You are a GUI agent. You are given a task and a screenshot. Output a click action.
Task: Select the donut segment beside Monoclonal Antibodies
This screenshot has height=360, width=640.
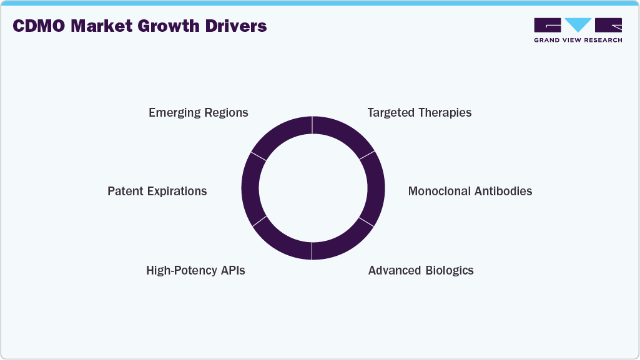tap(375, 188)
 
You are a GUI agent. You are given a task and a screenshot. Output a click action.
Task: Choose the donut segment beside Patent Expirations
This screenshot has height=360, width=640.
tap(250, 188)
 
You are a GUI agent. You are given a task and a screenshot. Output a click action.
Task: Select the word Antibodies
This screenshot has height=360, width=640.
tap(503, 192)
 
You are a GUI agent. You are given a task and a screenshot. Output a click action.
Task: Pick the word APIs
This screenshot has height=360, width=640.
tap(231, 271)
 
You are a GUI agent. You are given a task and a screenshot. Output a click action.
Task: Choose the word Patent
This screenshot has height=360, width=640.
tap(126, 192)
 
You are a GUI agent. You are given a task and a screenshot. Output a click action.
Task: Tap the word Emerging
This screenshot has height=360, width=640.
tap(174, 113)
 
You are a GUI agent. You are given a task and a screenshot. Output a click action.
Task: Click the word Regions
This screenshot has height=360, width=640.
tap(226, 113)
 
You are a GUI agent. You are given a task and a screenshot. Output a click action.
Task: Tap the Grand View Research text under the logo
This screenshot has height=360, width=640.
tap(578, 40)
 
